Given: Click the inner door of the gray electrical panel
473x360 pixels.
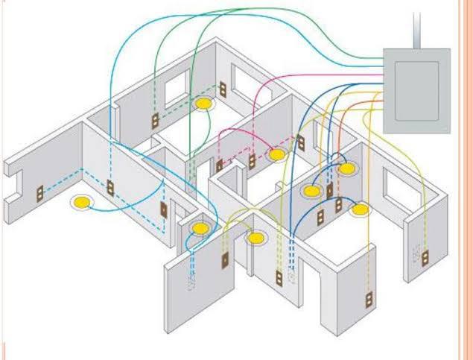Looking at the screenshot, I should (416, 90).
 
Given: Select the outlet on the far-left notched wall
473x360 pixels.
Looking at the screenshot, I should (40, 193).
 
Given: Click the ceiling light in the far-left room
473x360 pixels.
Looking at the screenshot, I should (81, 201).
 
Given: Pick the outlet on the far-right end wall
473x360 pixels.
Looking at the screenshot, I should (426, 258).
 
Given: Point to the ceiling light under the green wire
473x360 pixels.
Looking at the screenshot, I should (202, 104).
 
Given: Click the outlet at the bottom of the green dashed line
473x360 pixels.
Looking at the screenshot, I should (156, 121).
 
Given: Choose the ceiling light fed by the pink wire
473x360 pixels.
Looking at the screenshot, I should (277, 155).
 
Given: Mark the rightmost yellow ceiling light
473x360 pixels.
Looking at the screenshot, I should (361, 210).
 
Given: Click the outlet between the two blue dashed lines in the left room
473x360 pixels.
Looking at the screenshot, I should (110, 188).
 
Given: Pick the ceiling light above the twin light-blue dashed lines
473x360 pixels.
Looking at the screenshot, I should (199, 228).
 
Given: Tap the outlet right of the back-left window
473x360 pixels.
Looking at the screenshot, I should (222, 90).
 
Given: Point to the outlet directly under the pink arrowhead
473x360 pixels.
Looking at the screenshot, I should (252, 160).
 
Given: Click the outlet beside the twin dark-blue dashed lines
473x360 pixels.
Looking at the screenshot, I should (281, 278).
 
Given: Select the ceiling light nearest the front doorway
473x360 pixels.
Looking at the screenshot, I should (255, 239).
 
